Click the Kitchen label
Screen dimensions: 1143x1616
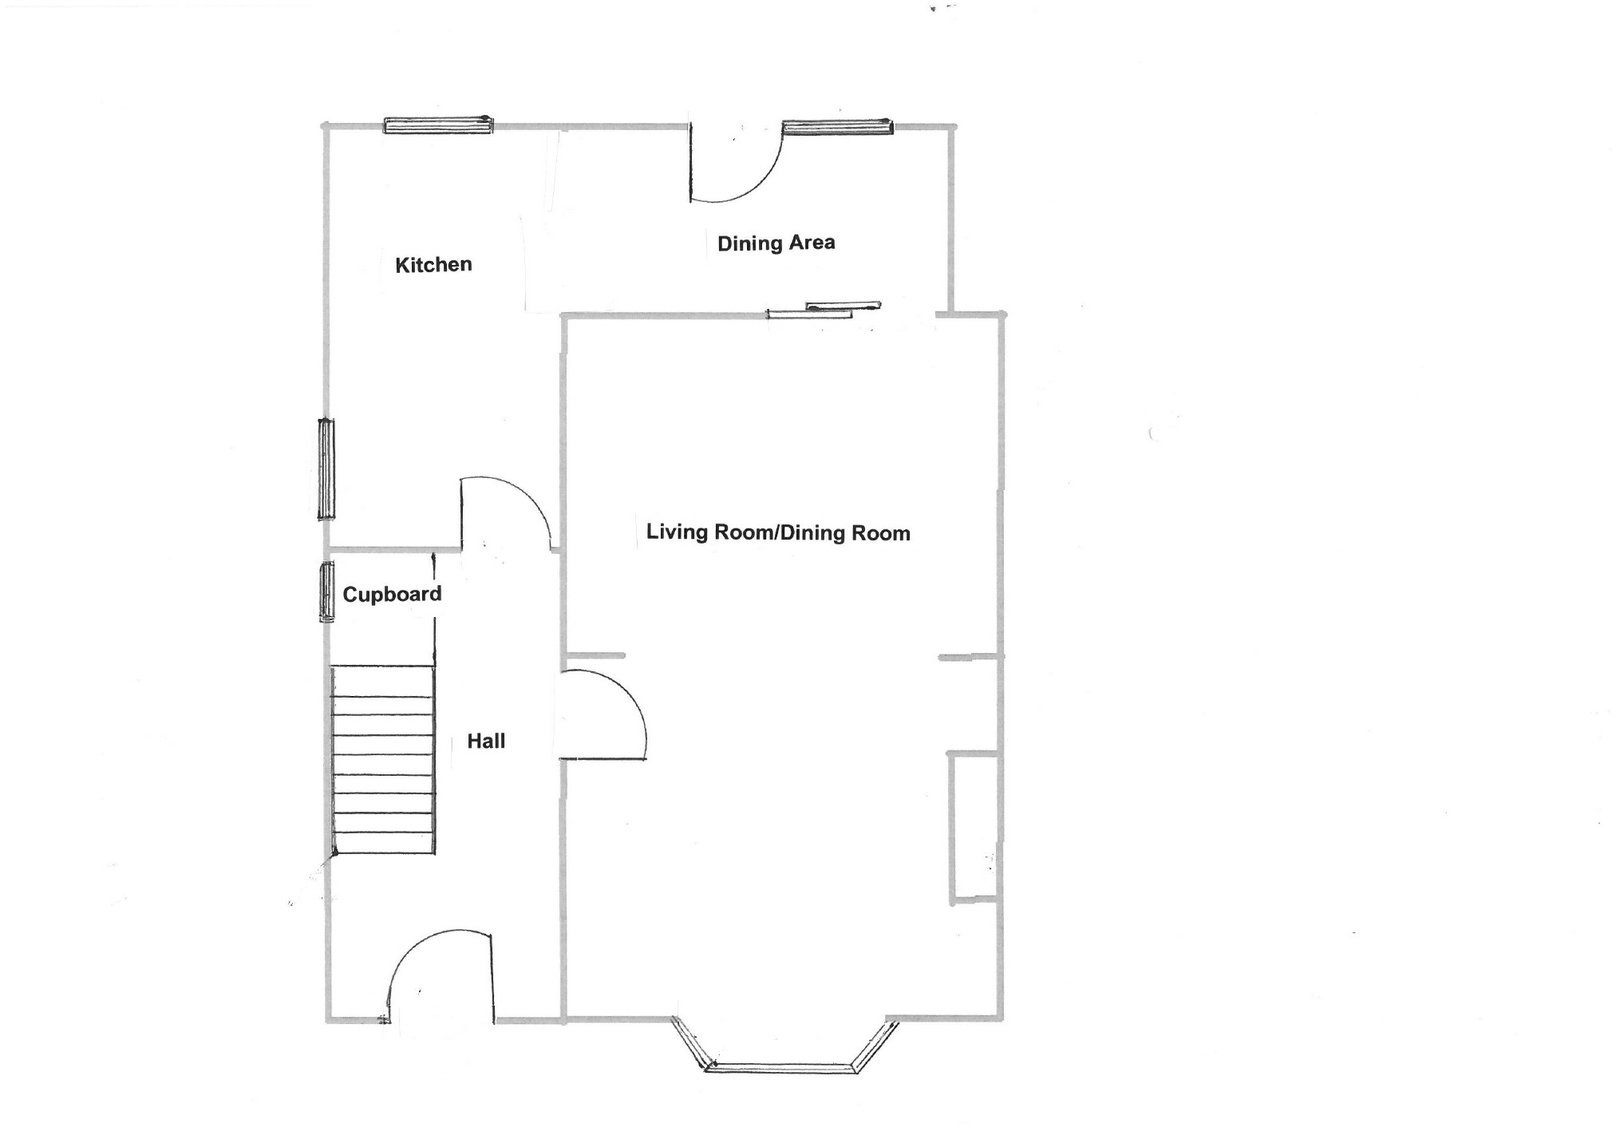(x=433, y=264)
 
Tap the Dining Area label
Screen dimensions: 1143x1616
(x=776, y=243)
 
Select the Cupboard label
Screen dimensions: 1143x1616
(x=392, y=594)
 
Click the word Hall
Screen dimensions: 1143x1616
(x=486, y=741)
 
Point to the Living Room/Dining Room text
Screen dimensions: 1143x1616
(x=778, y=532)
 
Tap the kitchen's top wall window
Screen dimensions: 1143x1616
(x=438, y=125)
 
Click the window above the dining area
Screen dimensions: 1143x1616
(x=837, y=126)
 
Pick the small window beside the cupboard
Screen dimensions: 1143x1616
(x=326, y=591)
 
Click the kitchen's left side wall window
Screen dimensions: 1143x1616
(x=326, y=469)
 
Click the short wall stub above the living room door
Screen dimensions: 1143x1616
(x=595, y=655)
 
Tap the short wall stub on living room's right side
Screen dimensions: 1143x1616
(x=969, y=657)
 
